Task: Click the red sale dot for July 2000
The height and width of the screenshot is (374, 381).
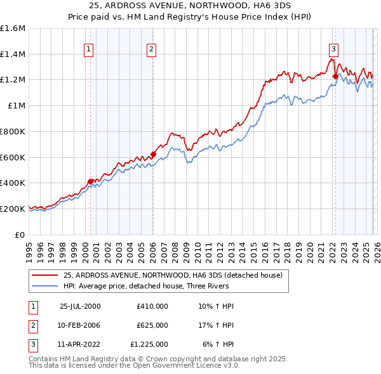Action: (x=90, y=181)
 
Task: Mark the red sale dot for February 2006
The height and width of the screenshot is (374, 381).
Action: (x=153, y=153)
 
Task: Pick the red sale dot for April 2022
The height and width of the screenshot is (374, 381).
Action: (x=335, y=76)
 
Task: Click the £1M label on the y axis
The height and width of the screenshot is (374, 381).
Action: (x=17, y=106)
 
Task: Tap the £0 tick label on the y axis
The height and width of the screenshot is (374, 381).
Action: (x=21, y=235)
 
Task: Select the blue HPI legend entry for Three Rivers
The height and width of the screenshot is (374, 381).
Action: (x=159, y=286)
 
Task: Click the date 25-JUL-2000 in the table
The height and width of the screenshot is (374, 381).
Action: (x=80, y=306)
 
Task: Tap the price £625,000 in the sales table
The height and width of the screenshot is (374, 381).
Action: (x=152, y=325)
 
